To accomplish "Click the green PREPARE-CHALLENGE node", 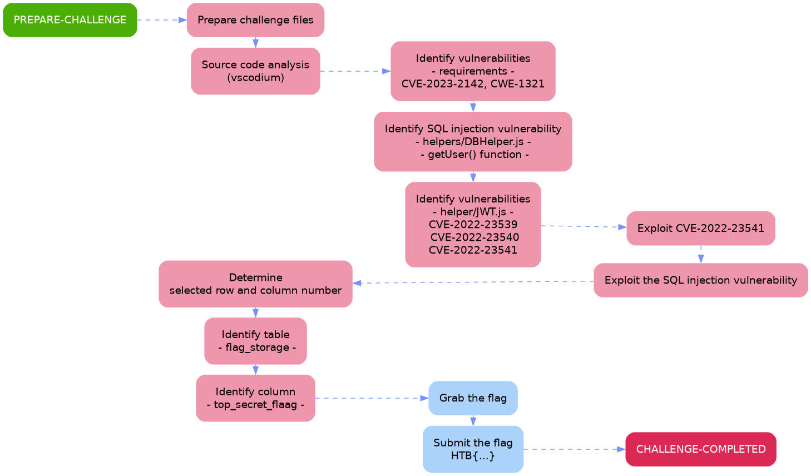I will click(x=70, y=20).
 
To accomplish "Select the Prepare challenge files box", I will click(x=255, y=20).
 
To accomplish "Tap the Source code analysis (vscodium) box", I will click(x=255, y=71).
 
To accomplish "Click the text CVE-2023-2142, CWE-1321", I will click(x=473, y=84).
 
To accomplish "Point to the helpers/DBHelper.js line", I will click(x=473, y=142).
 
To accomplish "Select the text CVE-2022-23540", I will click(x=474, y=237).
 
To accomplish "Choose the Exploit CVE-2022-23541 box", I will click(x=700, y=228).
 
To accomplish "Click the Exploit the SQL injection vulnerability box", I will click(x=700, y=280).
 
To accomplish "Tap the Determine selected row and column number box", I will click(x=255, y=284).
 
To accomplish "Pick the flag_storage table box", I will click(x=255, y=341).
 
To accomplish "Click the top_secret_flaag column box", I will click(x=255, y=398).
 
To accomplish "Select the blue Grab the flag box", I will click(x=473, y=398).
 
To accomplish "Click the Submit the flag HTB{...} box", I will click(x=473, y=449).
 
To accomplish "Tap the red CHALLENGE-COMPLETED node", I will click(x=700, y=449).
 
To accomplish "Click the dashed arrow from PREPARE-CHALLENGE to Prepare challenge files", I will click(x=161, y=20).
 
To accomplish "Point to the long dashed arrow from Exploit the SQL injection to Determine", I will click(x=473, y=282).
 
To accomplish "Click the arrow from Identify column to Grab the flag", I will click(x=372, y=398).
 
